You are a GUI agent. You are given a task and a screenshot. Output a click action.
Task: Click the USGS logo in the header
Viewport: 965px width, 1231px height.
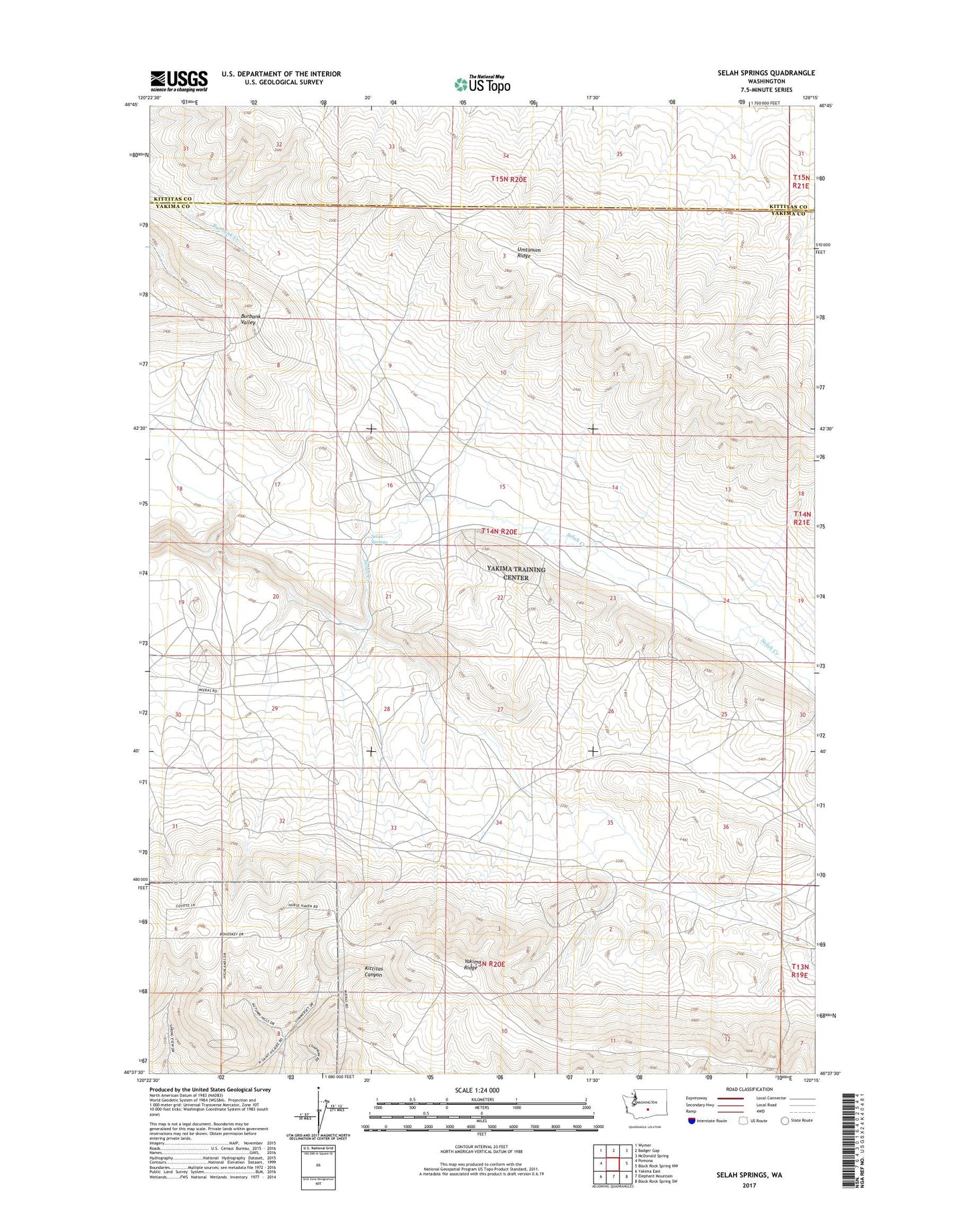[x=178, y=81]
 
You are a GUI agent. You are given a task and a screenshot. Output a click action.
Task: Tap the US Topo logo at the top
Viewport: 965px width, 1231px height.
[x=482, y=84]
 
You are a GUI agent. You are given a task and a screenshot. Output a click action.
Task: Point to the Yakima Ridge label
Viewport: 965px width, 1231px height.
[x=471, y=965]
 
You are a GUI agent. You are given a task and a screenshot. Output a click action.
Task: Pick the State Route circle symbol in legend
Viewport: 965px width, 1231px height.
[x=785, y=1121]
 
